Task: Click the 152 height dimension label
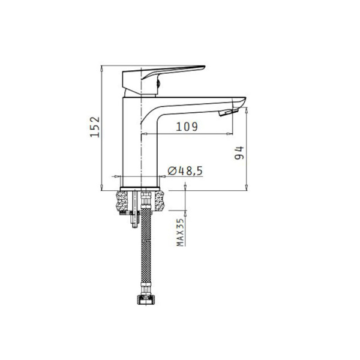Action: (95, 127)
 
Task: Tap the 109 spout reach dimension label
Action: (187, 127)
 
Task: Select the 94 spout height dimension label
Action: (239, 153)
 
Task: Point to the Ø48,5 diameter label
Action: (185, 171)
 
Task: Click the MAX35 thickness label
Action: (181, 232)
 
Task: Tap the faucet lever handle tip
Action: (203, 67)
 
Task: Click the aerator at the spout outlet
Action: (228, 112)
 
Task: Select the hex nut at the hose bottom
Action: (146, 299)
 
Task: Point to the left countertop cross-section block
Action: (122, 201)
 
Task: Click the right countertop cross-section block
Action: (160, 201)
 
